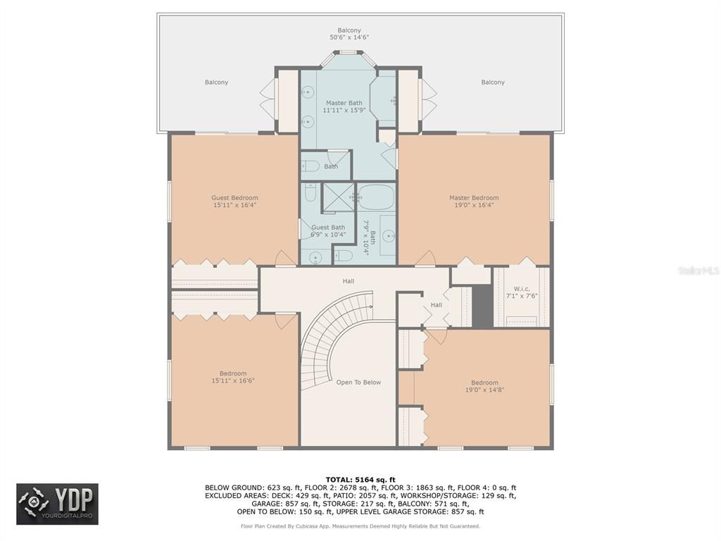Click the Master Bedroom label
474,198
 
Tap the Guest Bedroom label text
234,198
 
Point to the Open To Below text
358,383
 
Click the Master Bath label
344,103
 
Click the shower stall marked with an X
337,197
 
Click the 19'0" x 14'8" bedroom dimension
484,390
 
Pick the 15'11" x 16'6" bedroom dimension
233,380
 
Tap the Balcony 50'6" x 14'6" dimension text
349,37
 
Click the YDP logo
58,504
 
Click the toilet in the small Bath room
311,166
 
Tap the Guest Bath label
328,228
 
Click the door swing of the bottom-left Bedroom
286,321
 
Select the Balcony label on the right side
493,82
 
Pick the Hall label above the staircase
349,281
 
